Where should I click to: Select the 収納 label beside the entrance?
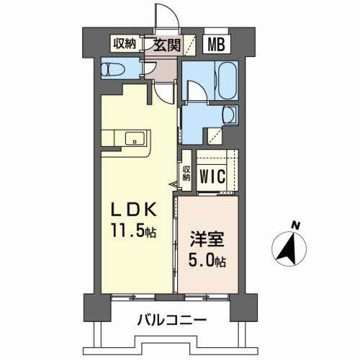tap(123, 44)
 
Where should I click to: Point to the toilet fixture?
tap(114, 70)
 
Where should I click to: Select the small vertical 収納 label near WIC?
tap(186, 174)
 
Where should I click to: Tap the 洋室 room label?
tap(203, 238)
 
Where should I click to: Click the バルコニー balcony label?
tap(171, 319)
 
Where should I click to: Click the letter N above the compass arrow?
tap(295, 225)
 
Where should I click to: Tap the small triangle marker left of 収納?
tap(174, 186)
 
